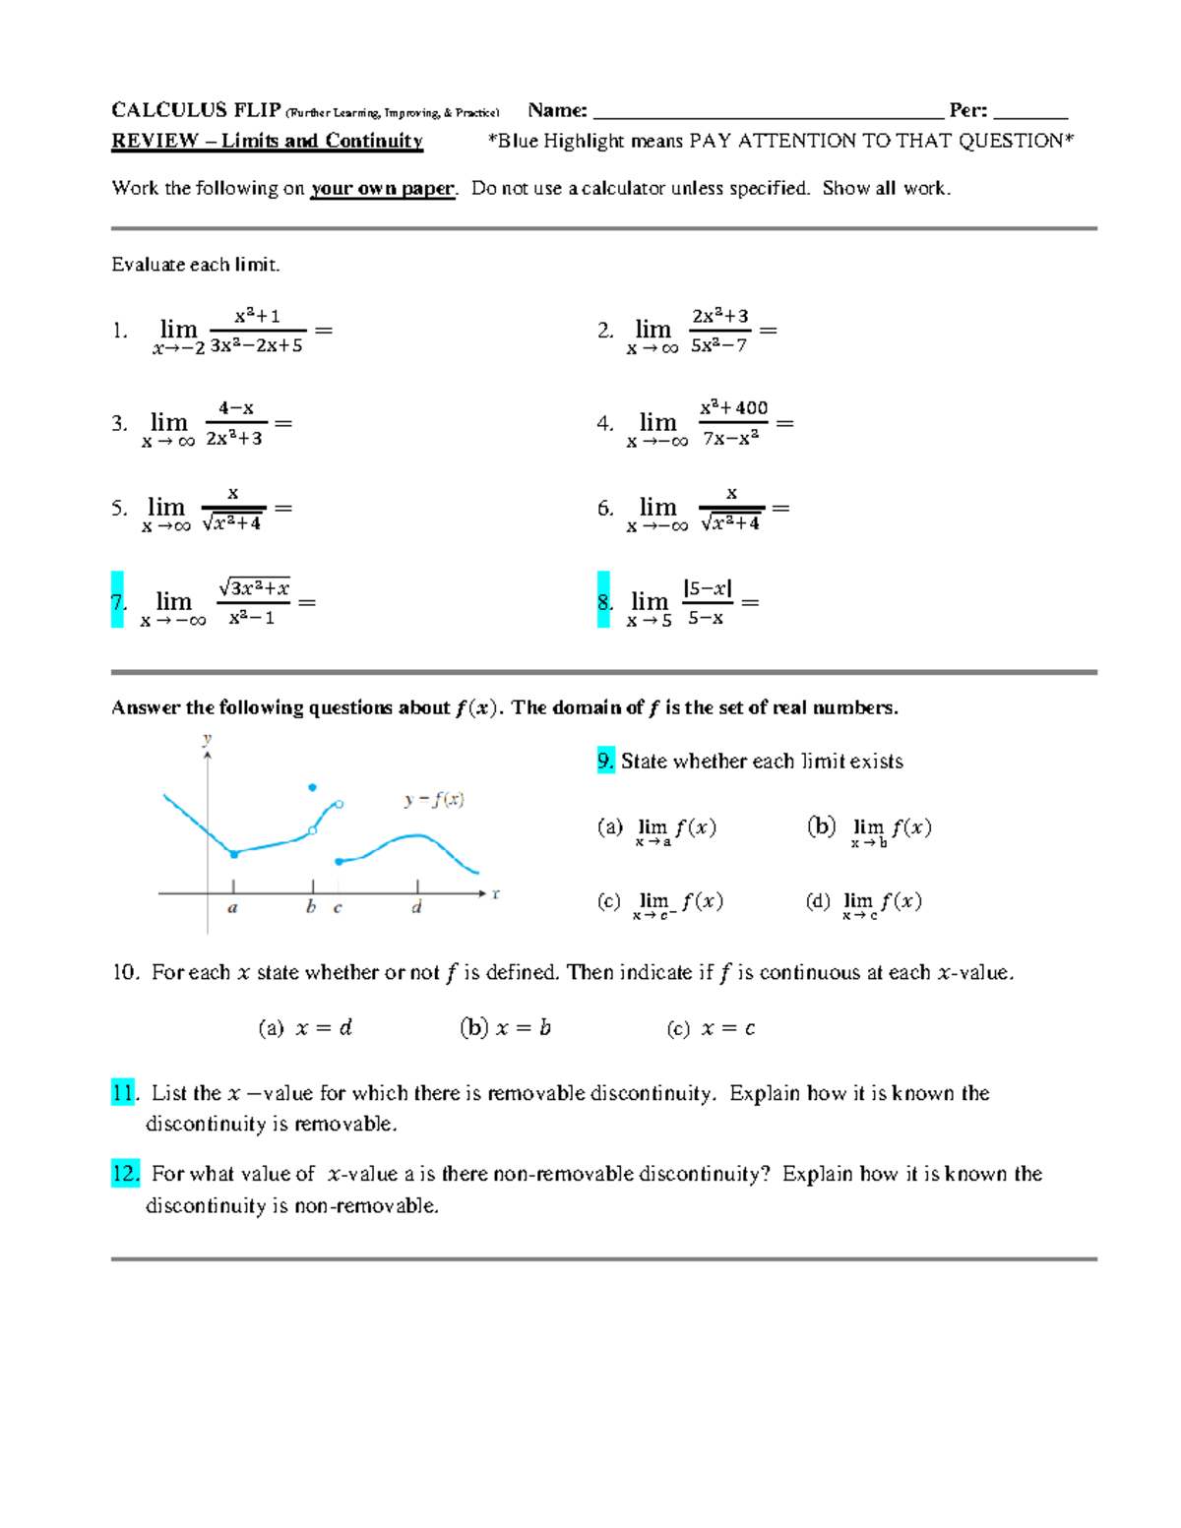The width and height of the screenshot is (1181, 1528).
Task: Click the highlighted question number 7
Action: pyautogui.click(x=117, y=600)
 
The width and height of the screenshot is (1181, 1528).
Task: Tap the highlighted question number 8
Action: pyautogui.click(x=603, y=600)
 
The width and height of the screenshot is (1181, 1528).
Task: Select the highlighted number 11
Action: pyautogui.click(x=124, y=1092)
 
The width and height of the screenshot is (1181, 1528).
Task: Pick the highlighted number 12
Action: pyautogui.click(x=125, y=1173)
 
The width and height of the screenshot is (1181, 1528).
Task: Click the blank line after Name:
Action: pyautogui.click(x=768, y=110)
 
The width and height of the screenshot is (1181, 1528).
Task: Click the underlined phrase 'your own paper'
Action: pyautogui.click(x=382, y=188)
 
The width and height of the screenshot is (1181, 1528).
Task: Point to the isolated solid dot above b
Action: pyautogui.click(x=313, y=787)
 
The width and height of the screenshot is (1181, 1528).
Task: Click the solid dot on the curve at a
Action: pyautogui.click(x=234, y=854)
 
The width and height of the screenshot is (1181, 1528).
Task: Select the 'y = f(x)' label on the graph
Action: pyautogui.click(x=433, y=799)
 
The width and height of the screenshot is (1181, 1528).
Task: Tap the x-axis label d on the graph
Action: pyautogui.click(x=417, y=907)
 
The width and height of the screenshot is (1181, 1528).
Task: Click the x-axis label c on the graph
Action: pyautogui.click(x=338, y=907)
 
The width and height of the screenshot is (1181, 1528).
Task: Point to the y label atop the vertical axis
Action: pyautogui.click(x=207, y=738)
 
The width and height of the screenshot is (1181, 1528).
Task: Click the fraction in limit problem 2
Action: pyautogui.click(x=719, y=331)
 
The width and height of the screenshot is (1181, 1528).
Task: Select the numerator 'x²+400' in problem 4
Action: pyautogui.click(x=733, y=407)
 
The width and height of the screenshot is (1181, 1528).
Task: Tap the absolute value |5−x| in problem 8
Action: pyautogui.click(x=707, y=588)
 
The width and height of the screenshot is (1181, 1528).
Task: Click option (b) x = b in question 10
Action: pyautogui.click(x=505, y=1028)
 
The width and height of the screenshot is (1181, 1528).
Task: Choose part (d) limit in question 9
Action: pyautogui.click(x=863, y=902)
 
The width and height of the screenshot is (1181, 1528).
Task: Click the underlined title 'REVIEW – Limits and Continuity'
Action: pyautogui.click(x=267, y=141)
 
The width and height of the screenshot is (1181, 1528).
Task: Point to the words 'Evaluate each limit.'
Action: pyautogui.click(x=195, y=264)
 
